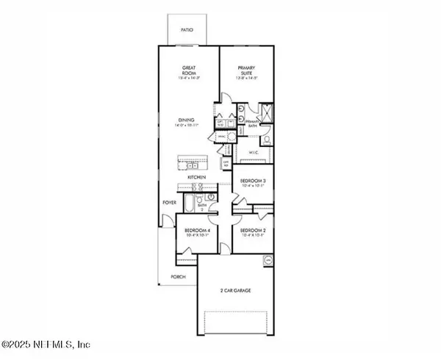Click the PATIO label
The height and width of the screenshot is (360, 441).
[x=189, y=30]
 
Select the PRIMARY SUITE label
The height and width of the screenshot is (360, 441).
[x=245, y=71]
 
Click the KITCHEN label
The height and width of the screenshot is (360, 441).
[x=195, y=178]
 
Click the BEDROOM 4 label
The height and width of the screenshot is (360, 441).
[x=196, y=233]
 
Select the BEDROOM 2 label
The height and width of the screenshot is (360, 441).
[x=251, y=233]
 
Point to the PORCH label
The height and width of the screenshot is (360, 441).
[x=177, y=277]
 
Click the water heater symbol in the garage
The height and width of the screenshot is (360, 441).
[x=269, y=260]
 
